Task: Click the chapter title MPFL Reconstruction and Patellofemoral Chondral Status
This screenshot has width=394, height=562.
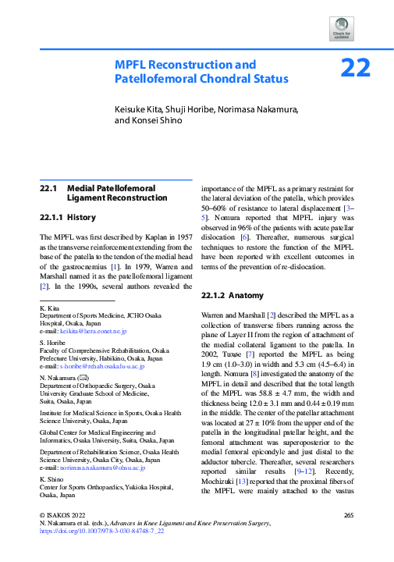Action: [x=201, y=71]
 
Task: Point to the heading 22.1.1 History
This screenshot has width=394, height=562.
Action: [x=69, y=217]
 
